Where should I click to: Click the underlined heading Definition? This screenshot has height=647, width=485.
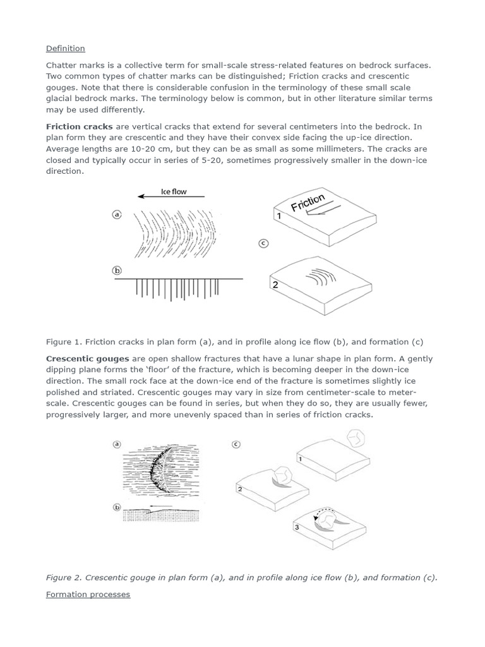click(65, 49)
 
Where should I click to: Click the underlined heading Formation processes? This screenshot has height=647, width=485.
click(88, 595)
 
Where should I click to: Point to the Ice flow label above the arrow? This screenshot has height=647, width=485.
click(174, 191)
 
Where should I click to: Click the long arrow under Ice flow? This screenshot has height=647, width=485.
click(171, 197)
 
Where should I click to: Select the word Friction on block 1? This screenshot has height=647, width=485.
click(308, 203)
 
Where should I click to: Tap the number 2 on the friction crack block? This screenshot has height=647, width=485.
click(275, 285)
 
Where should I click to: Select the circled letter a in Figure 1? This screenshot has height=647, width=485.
click(116, 215)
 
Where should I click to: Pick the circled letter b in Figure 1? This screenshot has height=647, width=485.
click(116, 270)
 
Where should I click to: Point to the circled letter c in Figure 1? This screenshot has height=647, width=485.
click(263, 243)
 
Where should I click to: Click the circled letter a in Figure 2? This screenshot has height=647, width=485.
click(116, 444)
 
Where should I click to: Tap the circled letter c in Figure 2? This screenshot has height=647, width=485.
click(236, 444)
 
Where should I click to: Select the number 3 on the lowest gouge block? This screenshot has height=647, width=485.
click(296, 526)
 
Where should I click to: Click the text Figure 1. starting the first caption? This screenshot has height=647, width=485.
click(64, 342)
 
